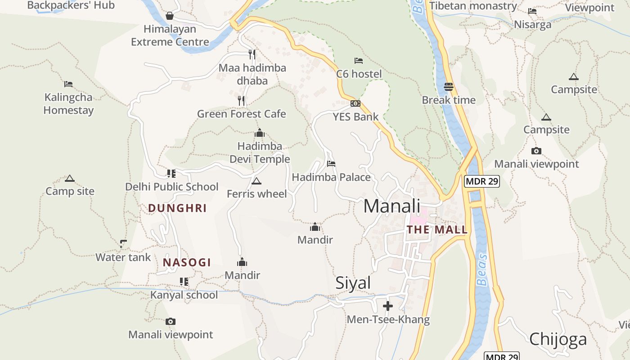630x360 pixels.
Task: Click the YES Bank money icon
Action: point(355,103)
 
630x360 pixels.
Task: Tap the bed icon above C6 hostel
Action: point(359,60)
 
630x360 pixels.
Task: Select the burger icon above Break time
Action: point(449,86)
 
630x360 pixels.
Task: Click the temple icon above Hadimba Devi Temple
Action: point(260,133)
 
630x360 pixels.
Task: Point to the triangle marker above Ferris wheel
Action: point(256,181)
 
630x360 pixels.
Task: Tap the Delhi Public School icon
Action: point(171,173)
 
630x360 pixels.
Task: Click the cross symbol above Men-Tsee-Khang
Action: point(387,306)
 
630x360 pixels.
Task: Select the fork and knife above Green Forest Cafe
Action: point(242,100)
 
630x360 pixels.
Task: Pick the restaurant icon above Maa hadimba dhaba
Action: point(252,54)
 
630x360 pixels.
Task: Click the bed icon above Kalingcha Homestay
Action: point(68,84)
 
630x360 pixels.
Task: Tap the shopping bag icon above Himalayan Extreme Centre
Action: point(170,16)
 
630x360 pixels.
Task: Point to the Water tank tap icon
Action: point(123,244)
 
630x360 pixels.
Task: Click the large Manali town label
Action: point(391,206)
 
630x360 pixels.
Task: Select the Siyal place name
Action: point(353,283)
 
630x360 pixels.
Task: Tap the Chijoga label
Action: point(558,339)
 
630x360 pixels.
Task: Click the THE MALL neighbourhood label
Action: point(437,229)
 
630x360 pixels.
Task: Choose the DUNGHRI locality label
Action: point(177,208)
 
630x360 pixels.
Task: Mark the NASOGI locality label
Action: point(187,262)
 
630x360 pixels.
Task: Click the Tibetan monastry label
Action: point(473,6)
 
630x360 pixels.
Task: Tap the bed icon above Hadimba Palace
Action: point(331,164)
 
